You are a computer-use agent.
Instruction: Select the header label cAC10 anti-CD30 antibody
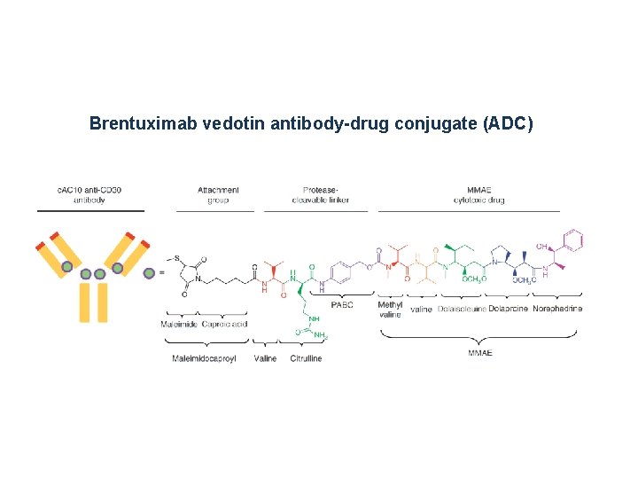click(x=90, y=195)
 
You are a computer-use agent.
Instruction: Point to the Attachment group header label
click(x=218, y=195)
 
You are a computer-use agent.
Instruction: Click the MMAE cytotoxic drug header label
click(x=479, y=195)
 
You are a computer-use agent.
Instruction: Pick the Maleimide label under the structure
click(x=180, y=324)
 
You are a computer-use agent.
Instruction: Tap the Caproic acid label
click(x=224, y=324)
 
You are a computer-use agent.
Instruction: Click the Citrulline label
click(x=306, y=358)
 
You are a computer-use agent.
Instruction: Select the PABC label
click(x=341, y=305)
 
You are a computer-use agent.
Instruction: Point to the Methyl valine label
click(x=390, y=310)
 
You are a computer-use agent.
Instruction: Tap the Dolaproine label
click(x=508, y=309)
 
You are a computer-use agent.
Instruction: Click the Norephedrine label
click(x=557, y=309)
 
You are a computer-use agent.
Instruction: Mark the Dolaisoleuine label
click(x=461, y=309)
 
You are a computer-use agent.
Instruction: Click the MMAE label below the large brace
click(x=479, y=352)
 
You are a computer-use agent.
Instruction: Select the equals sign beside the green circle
click(x=161, y=272)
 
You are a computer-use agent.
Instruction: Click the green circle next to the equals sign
click(x=149, y=272)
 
